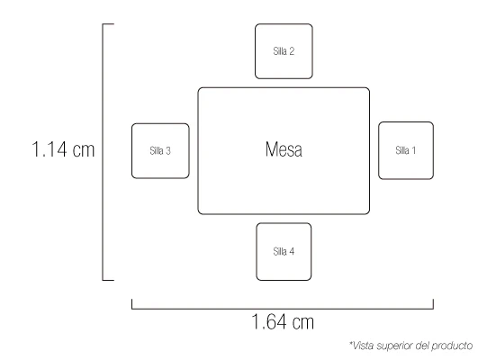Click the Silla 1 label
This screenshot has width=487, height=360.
pyautogui.click(x=405, y=150)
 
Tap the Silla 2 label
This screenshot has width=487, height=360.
pyautogui.click(x=284, y=51)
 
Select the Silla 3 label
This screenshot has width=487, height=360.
pyautogui.click(x=160, y=150)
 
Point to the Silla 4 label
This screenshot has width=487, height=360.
pyautogui.click(x=284, y=251)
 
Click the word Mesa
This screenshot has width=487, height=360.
pyautogui.click(x=284, y=149)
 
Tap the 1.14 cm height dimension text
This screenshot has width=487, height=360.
pyautogui.click(x=63, y=149)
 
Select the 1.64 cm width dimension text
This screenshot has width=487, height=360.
pyautogui.click(x=283, y=321)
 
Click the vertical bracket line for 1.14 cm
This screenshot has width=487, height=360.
pyautogui.click(x=103, y=152)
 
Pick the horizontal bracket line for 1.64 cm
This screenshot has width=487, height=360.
pyautogui.click(x=283, y=309)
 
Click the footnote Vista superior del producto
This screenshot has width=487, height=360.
pyautogui.click(x=410, y=346)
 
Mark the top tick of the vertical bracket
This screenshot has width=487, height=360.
pyautogui.click(x=108, y=24)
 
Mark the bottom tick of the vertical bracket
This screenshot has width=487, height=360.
pyautogui.click(x=108, y=280)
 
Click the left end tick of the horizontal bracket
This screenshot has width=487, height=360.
pyautogui.click(x=132, y=304)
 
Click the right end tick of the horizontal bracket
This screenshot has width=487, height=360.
pyautogui.click(x=433, y=304)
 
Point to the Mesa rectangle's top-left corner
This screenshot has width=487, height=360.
pyautogui.click(x=199, y=88)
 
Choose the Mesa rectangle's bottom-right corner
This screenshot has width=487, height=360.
pyautogui.click(x=369, y=213)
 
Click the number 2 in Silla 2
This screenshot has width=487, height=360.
pyautogui.click(x=292, y=51)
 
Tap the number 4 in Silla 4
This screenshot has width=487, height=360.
pyautogui.click(x=292, y=251)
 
